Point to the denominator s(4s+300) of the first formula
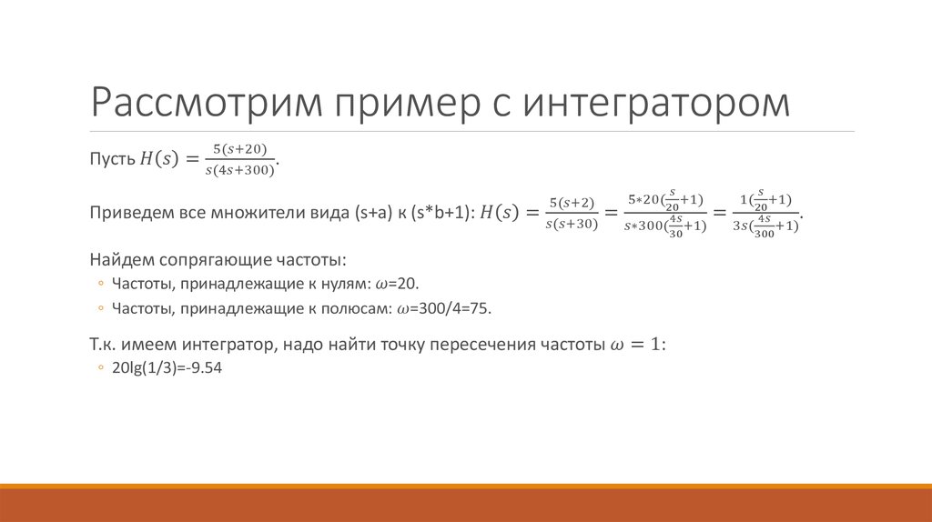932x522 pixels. tap(239, 169)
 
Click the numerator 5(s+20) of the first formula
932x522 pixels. tap(239, 148)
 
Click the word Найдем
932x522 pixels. tap(116, 259)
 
